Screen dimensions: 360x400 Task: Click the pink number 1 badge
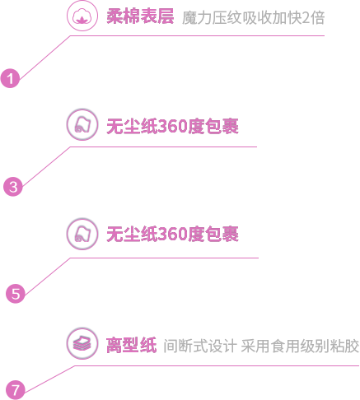coord(10,78)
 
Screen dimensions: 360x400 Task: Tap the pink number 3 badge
coord(13,187)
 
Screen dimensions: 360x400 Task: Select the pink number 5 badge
coord(16,294)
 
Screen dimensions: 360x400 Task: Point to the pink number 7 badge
coord(16,390)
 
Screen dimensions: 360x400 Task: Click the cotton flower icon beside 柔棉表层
coord(82,16)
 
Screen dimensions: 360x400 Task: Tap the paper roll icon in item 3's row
coord(82,124)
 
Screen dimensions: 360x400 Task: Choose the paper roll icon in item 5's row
coord(82,234)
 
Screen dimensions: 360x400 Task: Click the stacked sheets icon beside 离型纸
coord(82,343)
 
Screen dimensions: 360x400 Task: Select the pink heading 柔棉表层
coord(140,16)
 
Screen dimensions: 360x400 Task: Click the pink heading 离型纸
coord(132,345)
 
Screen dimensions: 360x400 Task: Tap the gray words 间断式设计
coord(200,346)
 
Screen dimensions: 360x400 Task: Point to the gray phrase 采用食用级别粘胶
coord(300,346)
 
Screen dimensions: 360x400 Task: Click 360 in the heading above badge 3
coord(173,126)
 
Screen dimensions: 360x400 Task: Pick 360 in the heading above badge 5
coord(173,234)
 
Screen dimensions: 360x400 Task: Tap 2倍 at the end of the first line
coord(313,18)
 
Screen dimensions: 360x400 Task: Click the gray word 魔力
coord(197,18)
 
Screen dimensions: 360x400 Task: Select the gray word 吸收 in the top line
coord(257,18)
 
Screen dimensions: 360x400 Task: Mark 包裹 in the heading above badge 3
coord(222,126)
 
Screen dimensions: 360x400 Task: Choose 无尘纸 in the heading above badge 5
coord(132,234)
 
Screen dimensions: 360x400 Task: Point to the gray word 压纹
coord(227,18)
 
